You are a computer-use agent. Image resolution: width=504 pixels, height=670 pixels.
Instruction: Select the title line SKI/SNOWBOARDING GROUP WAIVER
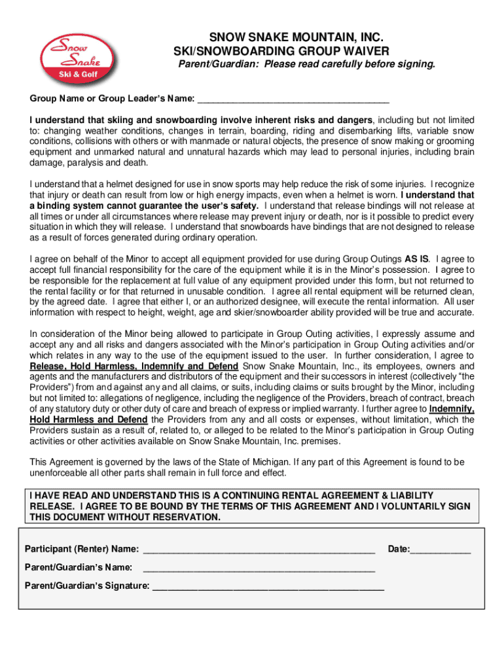click(281, 51)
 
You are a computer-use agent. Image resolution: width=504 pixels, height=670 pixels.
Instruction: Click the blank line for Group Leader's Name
click(293, 99)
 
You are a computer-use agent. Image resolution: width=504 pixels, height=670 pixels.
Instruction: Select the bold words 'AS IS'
click(417, 258)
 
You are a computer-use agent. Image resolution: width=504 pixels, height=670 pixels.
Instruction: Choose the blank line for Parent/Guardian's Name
click(259, 568)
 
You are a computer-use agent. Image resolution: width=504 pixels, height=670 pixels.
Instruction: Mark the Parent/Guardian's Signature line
click(268, 586)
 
